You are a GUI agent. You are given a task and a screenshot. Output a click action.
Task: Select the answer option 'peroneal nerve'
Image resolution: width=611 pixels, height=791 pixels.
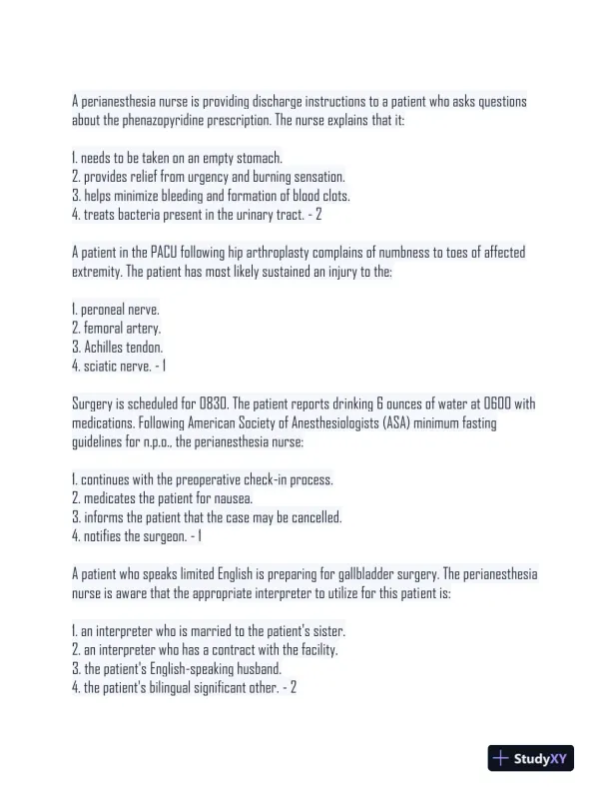(116, 310)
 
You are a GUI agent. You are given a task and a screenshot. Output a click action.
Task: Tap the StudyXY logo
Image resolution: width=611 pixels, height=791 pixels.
(532, 758)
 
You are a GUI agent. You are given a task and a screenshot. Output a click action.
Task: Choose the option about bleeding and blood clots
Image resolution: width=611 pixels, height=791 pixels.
(211, 196)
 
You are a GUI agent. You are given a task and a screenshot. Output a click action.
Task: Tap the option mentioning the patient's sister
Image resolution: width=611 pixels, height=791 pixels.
(209, 631)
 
